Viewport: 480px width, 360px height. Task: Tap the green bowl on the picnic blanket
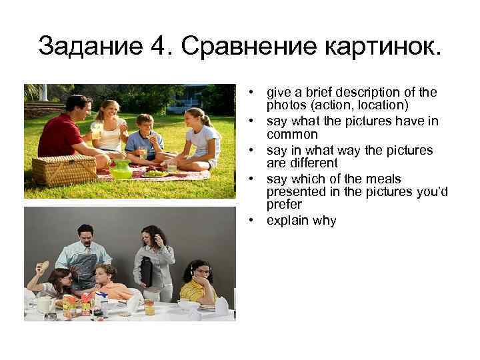tap(121, 172)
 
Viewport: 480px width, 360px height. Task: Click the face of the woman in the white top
tap(108, 111)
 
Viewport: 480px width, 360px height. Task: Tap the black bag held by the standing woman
tap(147, 272)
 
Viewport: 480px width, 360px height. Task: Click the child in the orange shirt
tap(110, 285)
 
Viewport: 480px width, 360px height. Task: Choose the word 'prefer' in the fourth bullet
tap(284, 205)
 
